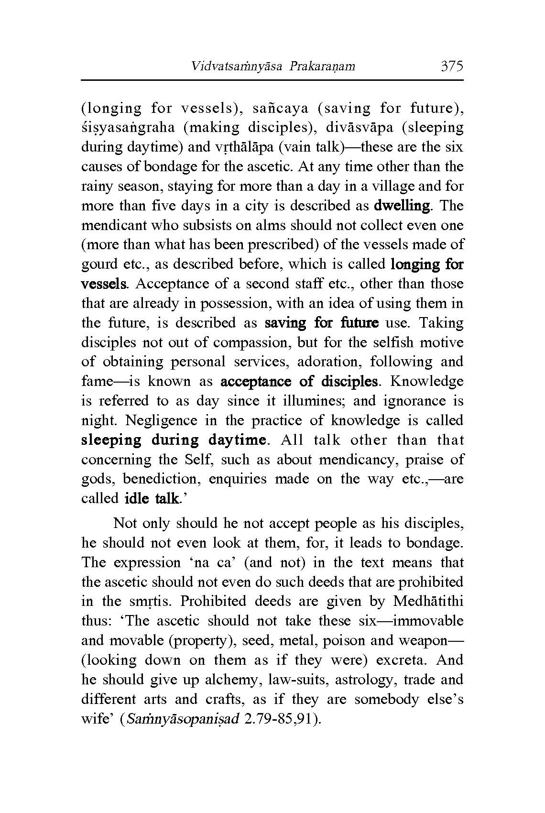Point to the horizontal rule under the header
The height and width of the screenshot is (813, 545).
(x=272, y=80)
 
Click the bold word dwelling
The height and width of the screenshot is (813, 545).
(x=402, y=206)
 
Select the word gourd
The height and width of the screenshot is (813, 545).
(x=100, y=264)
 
